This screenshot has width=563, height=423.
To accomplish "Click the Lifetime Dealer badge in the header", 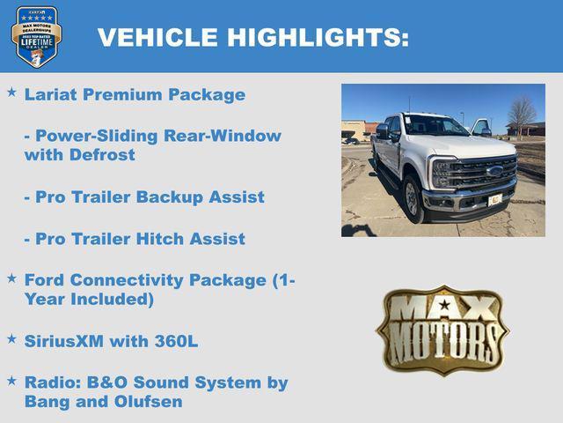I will (x=35, y=36).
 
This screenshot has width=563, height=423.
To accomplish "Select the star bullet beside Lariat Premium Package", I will (x=11, y=93).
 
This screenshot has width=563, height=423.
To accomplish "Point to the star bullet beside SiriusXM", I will (x=11, y=338).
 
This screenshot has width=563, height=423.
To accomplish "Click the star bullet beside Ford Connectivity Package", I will (x=11, y=278).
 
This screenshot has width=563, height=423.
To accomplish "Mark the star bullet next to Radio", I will (x=11, y=381).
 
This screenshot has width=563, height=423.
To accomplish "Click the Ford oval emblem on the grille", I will (x=494, y=170).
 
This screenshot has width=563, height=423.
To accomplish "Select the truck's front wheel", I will (x=413, y=199).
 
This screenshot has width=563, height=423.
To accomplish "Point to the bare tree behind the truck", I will (x=523, y=113).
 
